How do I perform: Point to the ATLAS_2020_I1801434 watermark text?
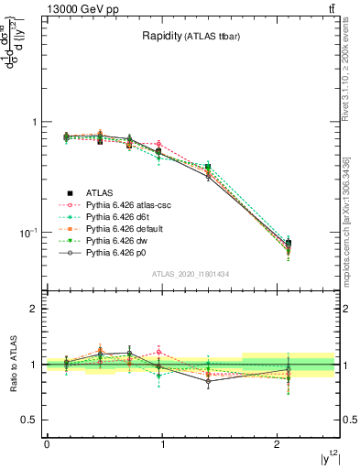[x=191, y=274]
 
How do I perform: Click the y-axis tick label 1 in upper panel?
[x=35, y=123]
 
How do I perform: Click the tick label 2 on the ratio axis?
[x=35, y=310]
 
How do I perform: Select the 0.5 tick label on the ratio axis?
[x=30, y=420]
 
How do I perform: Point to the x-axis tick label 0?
[x=47, y=444]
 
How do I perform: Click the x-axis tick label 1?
[x=162, y=444]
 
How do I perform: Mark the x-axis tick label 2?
[x=278, y=444]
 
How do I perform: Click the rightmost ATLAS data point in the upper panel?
[x=289, y=244]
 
